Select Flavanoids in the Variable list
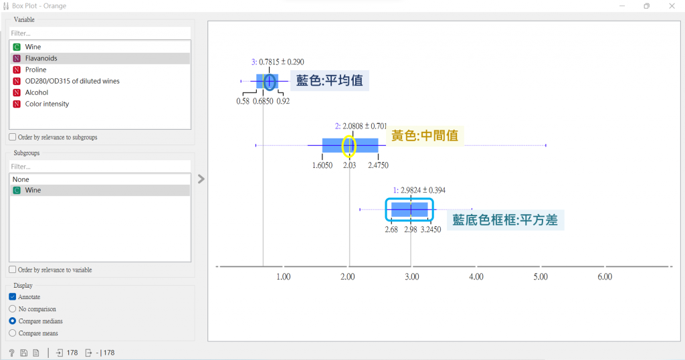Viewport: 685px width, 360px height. coord(41,58)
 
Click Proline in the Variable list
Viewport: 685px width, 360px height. coord(35,70)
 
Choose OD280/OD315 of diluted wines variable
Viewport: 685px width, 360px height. coord(72,81)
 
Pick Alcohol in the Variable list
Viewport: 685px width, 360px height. coord(37,92)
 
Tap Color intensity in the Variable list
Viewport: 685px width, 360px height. coord(47,104)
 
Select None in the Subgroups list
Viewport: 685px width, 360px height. coord(21,179)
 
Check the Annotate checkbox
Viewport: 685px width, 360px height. coord(13,297)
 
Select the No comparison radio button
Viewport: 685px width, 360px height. coord(13,309)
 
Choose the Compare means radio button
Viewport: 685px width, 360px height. coord(13,333)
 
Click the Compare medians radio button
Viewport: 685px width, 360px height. coord(13,321)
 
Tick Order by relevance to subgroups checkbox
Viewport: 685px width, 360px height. coord(13,137)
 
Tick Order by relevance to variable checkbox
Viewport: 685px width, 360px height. coord(13,270)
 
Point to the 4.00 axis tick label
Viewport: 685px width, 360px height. coord(476,276)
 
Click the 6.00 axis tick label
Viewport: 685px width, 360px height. coord(604,276)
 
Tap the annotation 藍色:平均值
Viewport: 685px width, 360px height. coord(329,81)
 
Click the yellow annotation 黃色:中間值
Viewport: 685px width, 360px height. coord(425,135)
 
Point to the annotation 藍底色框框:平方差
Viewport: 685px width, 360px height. coord(505,219)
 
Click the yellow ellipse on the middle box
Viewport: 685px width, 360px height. coord(349,145)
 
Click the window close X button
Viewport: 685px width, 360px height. coord(671,6)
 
